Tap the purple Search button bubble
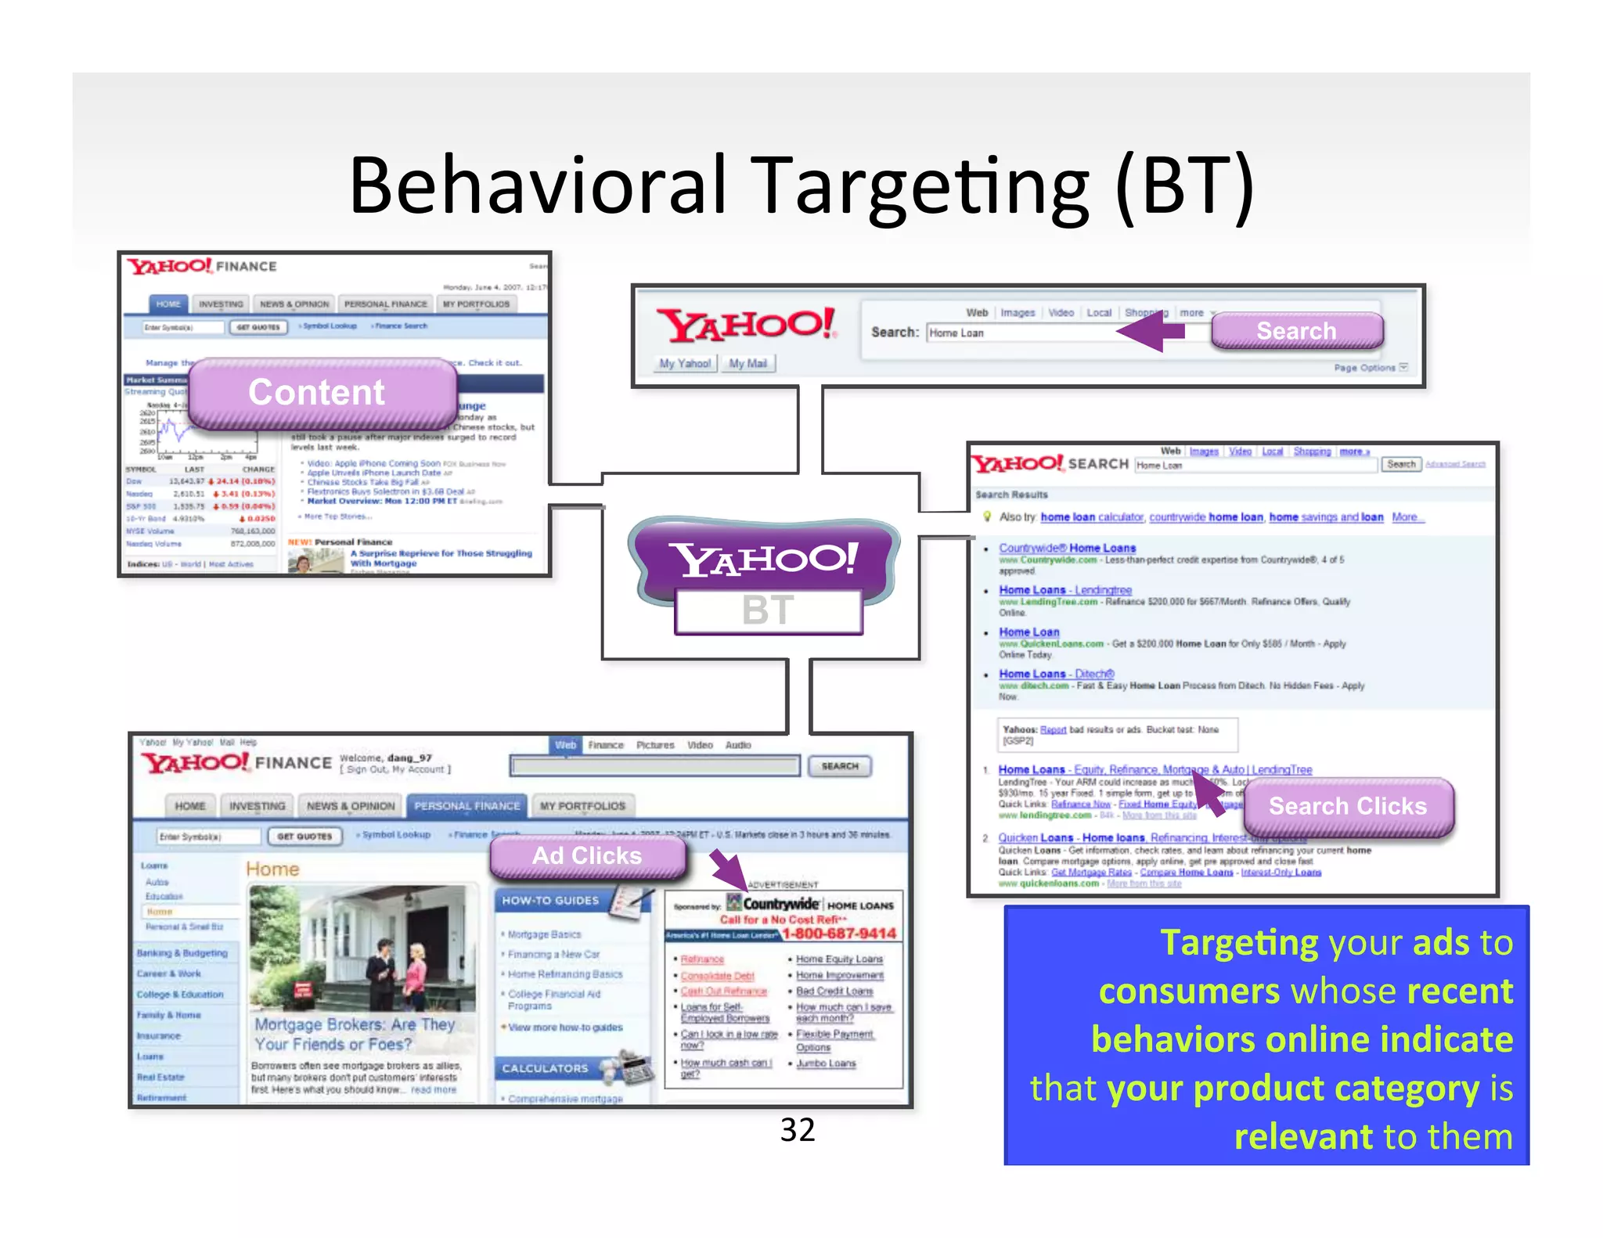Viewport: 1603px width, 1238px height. pyautogui.click(x=1296, y=331)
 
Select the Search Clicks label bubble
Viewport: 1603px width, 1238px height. pyautogui.click(x=1347, y=806)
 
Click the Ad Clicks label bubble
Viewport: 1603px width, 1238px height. pyautogui.click(x=587, y=855)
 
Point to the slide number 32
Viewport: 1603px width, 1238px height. pyautogui.click(x=798, y=1130)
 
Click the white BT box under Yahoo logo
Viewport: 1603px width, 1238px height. pyautogui.click(x=768, y=610)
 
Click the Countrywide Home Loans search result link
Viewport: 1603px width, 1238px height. pyautogui.click(x=1067, y=548)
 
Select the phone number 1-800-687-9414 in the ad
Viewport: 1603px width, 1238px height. pyautogui.click(x=839, y=933)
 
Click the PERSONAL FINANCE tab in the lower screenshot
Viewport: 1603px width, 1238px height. pyautogui.click(x=466, y=805)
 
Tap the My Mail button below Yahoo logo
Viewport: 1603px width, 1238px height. pyautogui.click(x=747, y=363)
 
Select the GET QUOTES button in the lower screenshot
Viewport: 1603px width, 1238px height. pyautogui.click(x=304, y=836)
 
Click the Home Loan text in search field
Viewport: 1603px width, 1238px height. pyautogui.click(x=956, y=333)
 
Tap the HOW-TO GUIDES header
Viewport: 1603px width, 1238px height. pyautogui.click(x=550, y=901)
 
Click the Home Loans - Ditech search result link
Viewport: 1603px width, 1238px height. pyautogui.click(x=1056, y=673)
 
